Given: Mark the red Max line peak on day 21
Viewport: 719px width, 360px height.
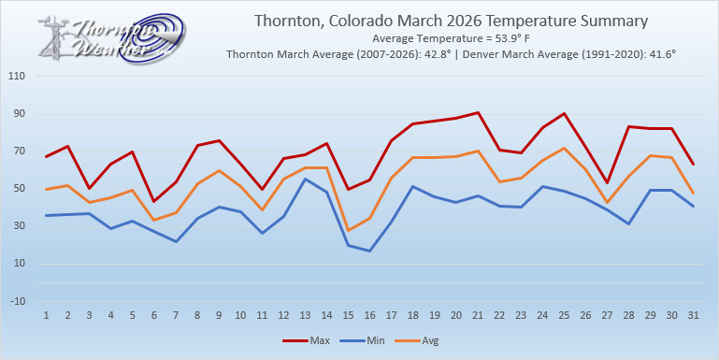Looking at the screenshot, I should point(478,112).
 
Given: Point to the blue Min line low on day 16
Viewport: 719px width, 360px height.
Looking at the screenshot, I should point(370,251).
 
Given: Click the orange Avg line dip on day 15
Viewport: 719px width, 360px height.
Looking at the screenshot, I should point(349,230).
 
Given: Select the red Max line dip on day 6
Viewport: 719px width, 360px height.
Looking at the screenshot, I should point(155,201).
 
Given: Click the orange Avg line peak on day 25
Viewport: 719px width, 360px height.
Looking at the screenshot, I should point(564,148).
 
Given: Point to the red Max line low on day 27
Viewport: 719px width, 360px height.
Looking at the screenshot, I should point(607,182).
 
